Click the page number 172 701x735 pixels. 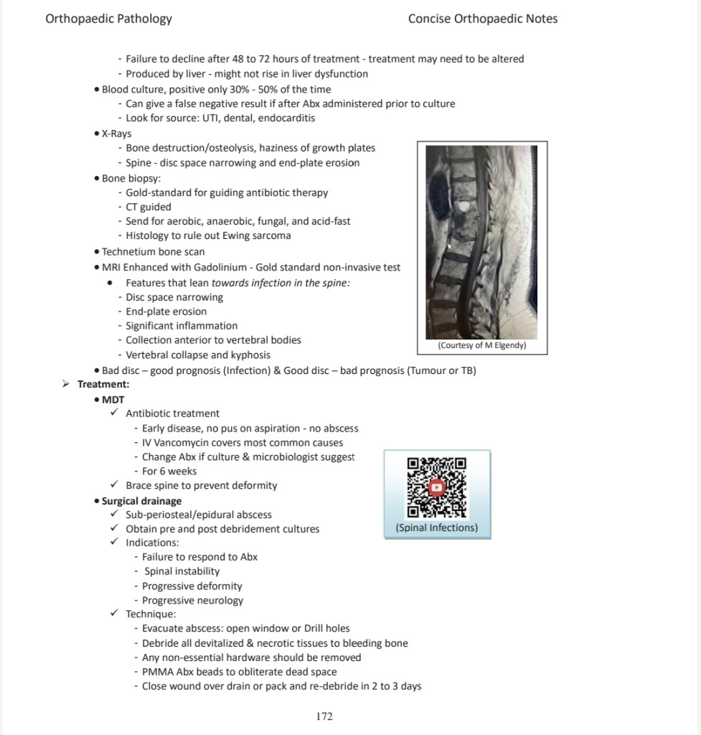coord(324,716)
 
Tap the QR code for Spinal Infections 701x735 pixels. coord(436,488)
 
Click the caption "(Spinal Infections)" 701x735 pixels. coord(436,528)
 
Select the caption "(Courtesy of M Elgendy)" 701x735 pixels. coord(482,345)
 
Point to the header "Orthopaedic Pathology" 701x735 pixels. coord(108,19)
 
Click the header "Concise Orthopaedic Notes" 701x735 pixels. coord(482,19)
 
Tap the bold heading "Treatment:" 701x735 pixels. coord(103,385)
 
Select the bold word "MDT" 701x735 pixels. coord(113,399)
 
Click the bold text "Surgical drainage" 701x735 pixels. coord(141,501)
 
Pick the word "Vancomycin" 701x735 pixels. coord(182,443)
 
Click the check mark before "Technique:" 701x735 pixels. coord(114,614)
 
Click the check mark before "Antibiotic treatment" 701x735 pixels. coord(114,413)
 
